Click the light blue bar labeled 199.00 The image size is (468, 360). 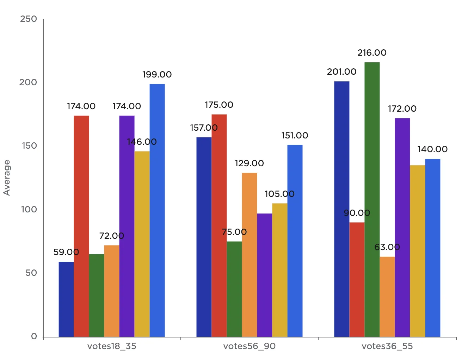(x=157, y=210)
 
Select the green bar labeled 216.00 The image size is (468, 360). (x=372, y=199)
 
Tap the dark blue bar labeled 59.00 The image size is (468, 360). (x=66, y=299)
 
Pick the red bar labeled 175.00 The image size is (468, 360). (x=219, y=225)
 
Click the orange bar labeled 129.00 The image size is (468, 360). (x=250, y=255)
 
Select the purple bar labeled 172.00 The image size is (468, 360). (x=402, y=227)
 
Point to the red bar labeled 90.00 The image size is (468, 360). (x=357, y=279)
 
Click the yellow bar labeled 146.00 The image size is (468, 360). (x=142, y=244)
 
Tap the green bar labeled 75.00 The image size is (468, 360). (x=234, y=289)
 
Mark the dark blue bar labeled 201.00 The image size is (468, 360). (x=342, y=209)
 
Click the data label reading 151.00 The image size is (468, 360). (x=295, y=136)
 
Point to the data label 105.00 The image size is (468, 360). (x=279, y=194)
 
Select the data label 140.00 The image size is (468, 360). (x=432, y=149)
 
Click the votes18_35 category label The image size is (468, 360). (x=112, y=346)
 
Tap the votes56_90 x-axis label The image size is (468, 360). (x=250, y=346)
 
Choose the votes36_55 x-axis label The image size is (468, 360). (x=387, y=346)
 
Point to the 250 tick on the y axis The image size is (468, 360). (x=29, y=19)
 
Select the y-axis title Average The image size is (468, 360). (x=7, y=178)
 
